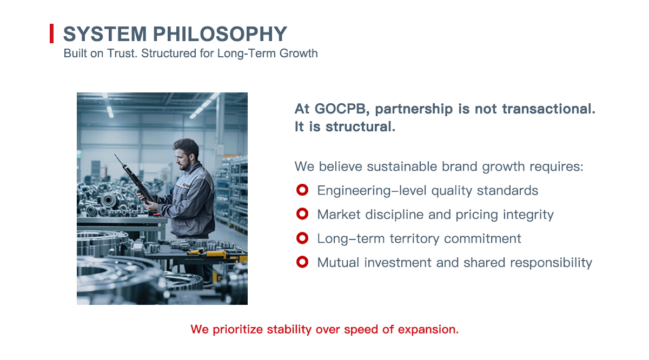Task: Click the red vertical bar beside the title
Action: click(51, 34)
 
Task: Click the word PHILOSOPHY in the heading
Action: click(220, 34)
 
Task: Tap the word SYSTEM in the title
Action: click(105, 34)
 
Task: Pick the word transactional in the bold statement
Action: click(549, 109)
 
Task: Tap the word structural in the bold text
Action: click(360, 126)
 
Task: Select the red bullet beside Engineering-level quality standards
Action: click(302, 190)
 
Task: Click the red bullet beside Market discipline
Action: click(302, 214)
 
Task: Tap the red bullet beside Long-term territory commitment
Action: click(302, 238)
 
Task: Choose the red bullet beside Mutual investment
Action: click(302, 262)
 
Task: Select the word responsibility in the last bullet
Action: click(551, 263)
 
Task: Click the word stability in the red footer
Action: click(289, 330)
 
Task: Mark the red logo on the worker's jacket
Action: click(184, 185)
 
